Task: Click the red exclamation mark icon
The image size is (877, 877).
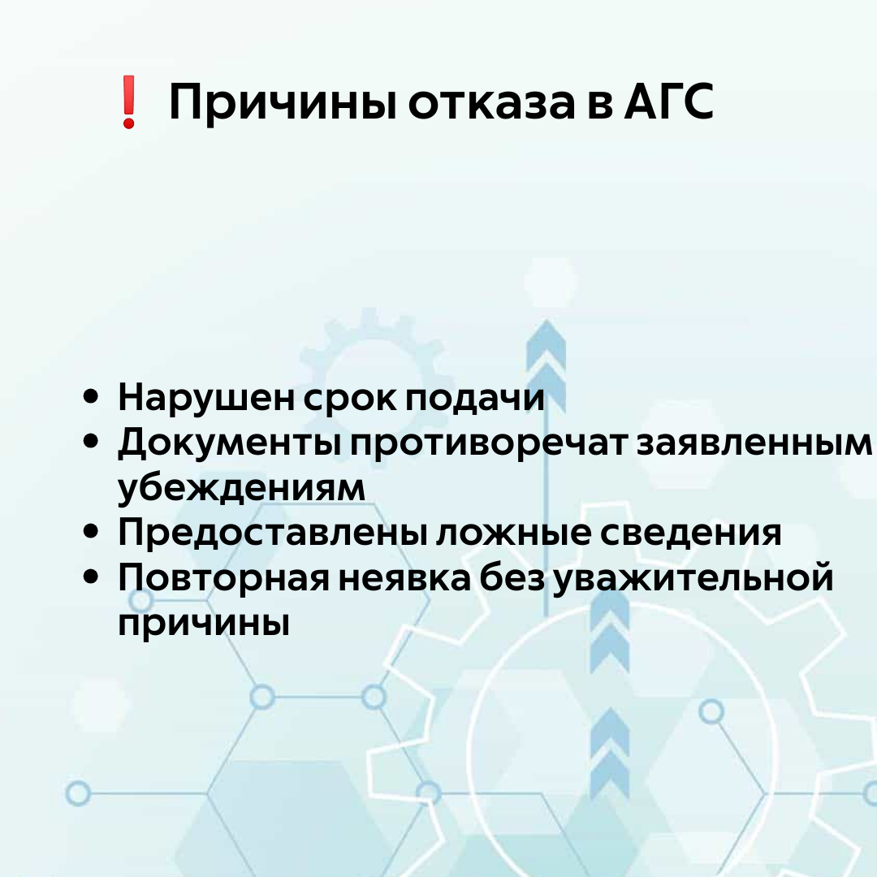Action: point(129,102)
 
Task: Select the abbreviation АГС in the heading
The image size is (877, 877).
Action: point(668,102)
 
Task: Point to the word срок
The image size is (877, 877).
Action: point(349,400)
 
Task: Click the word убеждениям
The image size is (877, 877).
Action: point(241,487)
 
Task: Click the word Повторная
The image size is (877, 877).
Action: point(224,578)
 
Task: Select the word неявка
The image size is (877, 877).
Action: point(404,578)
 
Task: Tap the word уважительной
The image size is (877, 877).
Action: point(693,578)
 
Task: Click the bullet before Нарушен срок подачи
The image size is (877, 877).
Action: point(91,396)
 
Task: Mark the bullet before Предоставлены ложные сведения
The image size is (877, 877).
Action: point(91,531)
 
